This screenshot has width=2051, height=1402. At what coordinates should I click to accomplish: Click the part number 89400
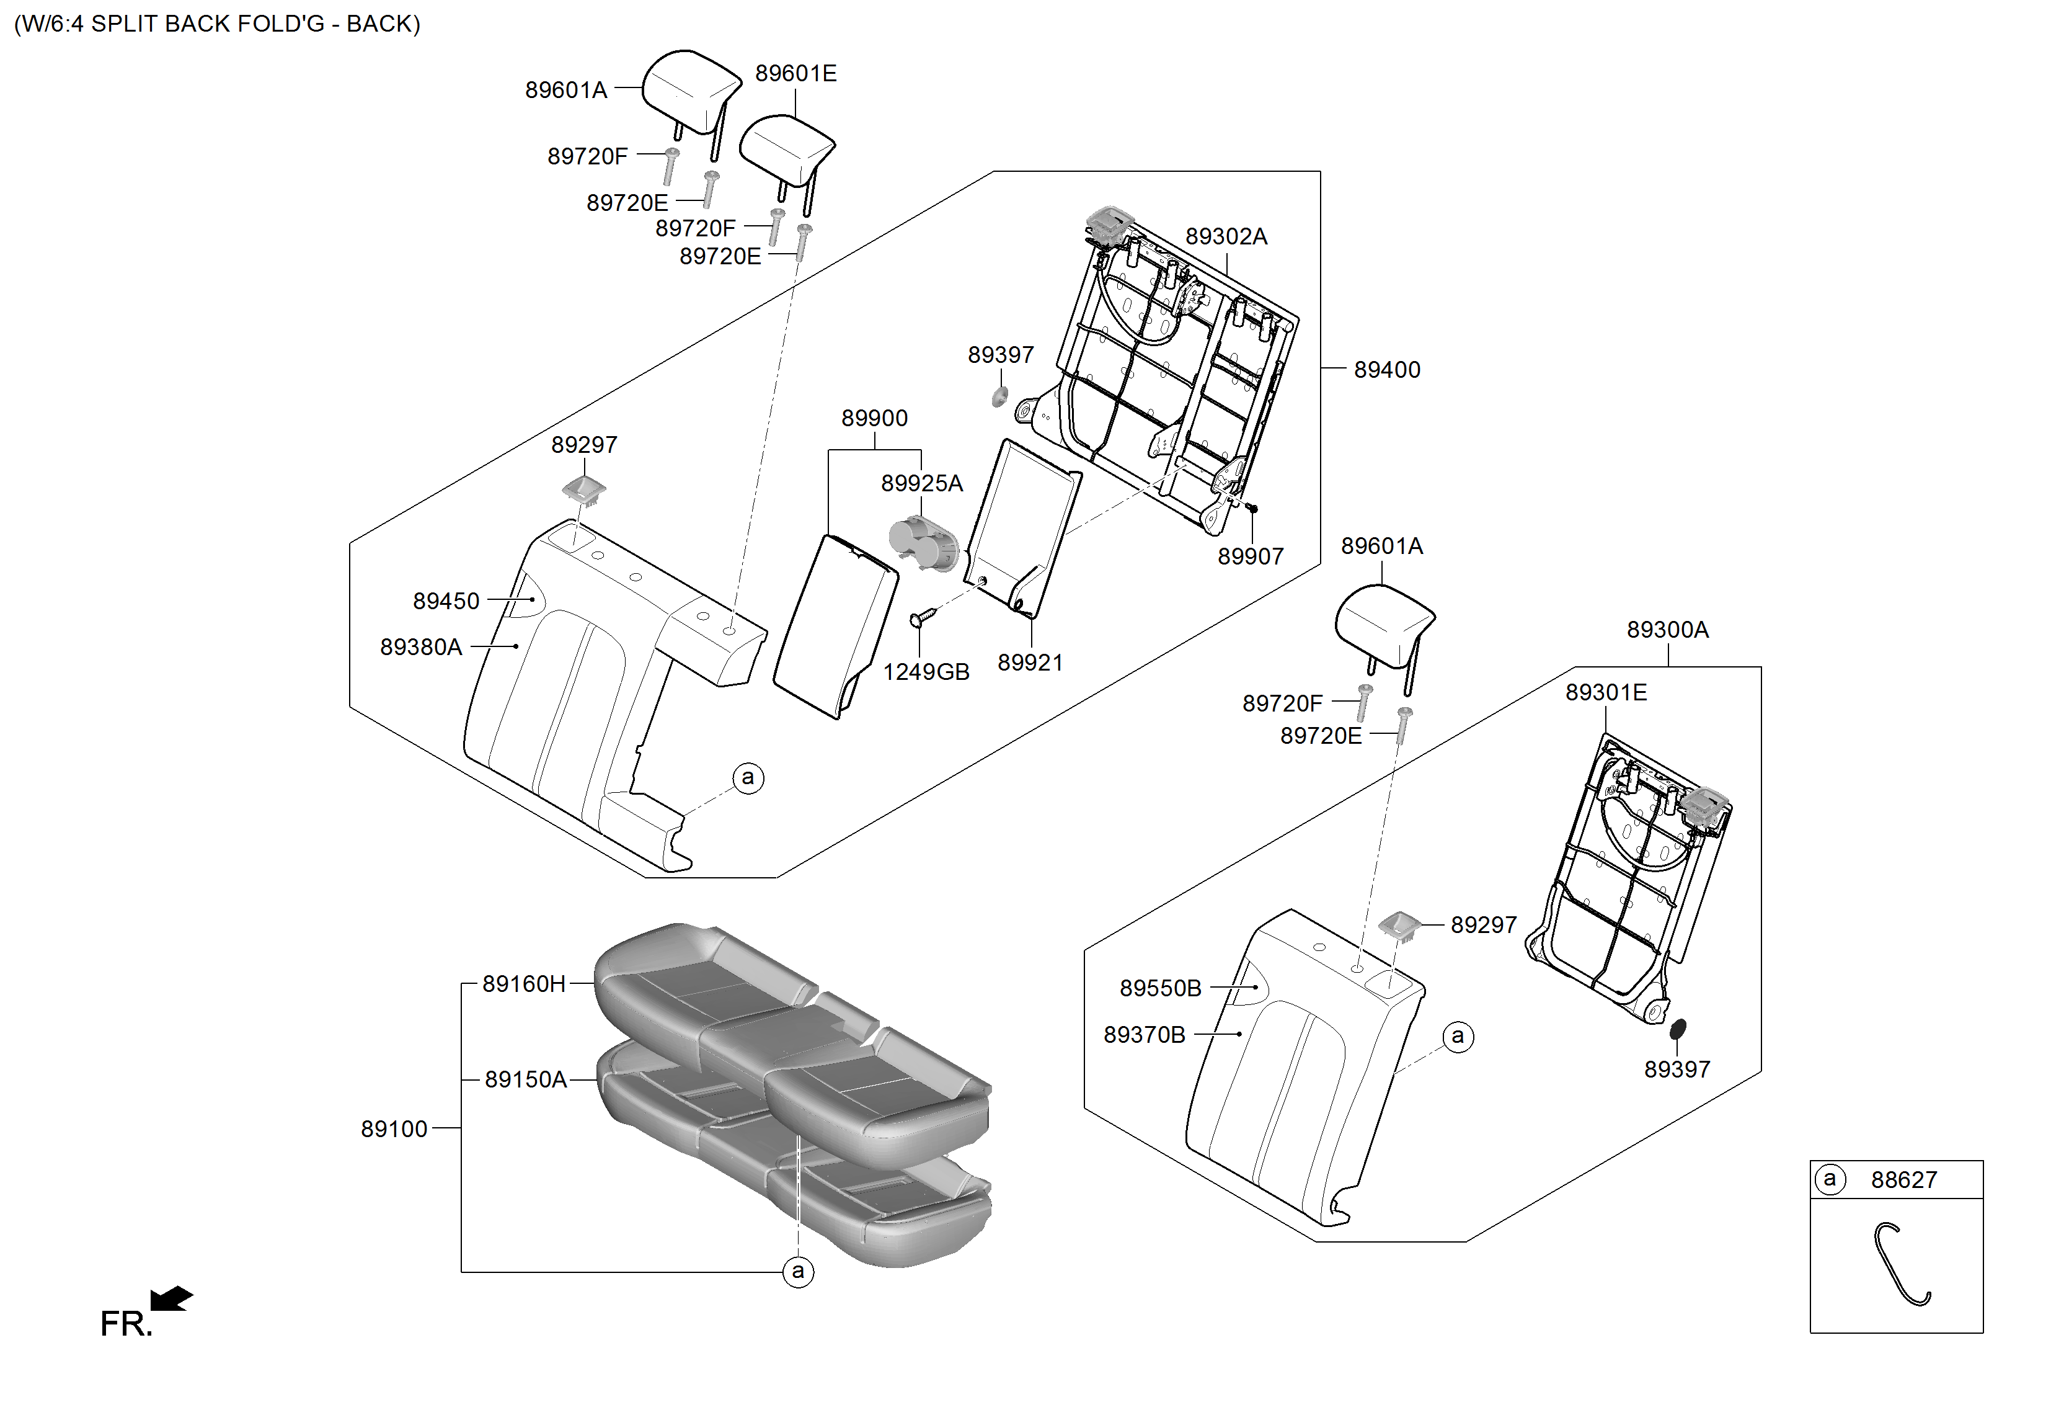coord(1386,370)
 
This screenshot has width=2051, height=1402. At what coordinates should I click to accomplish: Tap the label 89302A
coord(1226,236)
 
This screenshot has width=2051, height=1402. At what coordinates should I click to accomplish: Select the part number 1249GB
coord(926,672)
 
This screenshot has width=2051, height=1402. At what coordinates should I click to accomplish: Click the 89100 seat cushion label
coord(394,1128)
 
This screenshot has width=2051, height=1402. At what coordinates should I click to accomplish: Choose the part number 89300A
coord(1667,630)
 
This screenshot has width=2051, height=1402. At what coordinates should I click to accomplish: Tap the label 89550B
coord(1161,988)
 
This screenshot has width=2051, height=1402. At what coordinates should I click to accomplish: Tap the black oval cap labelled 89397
coord(1678,1029)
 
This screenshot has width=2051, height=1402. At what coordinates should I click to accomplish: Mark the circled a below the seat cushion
coord(798,1271)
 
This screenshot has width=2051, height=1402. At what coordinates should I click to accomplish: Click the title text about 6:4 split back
coord(217,24)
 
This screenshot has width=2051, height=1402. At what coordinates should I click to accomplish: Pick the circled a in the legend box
coord(1830,1179)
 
